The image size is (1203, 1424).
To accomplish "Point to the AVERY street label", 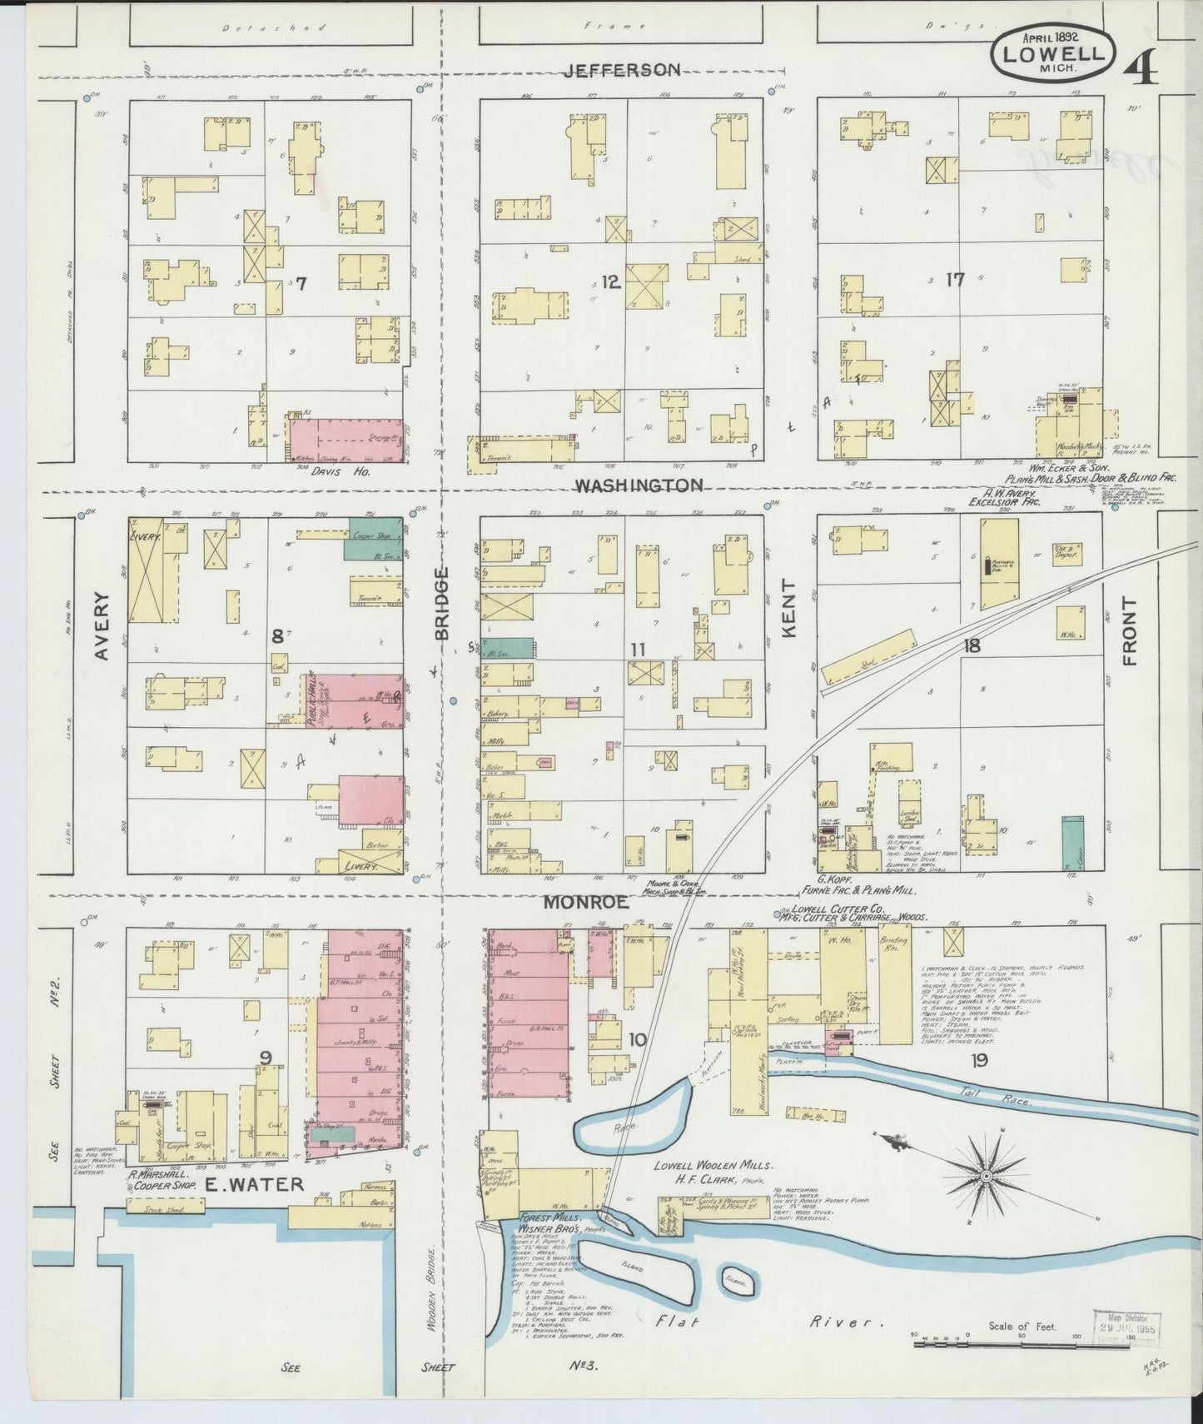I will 102,626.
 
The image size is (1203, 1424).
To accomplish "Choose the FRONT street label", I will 1129,630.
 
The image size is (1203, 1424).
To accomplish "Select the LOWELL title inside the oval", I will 1054,52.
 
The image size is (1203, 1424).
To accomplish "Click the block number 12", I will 611,282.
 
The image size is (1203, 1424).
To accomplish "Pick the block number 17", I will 954,280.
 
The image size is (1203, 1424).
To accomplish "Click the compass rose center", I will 986,1175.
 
